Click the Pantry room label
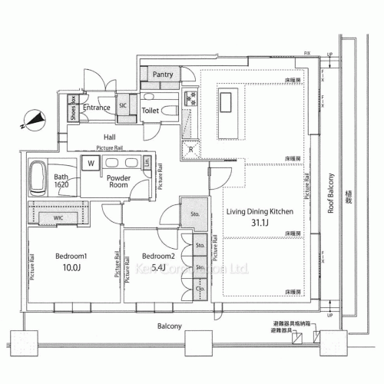(x=163, y=74)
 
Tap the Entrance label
(x=96, y=108)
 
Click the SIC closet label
(x=123, y=106)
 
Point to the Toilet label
(x=152, y=111)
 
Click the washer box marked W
(x=91, y=164)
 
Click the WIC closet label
(x=58, y=219)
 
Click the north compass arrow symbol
(x=28, y=120)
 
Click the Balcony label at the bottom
(x=169, y=326)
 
